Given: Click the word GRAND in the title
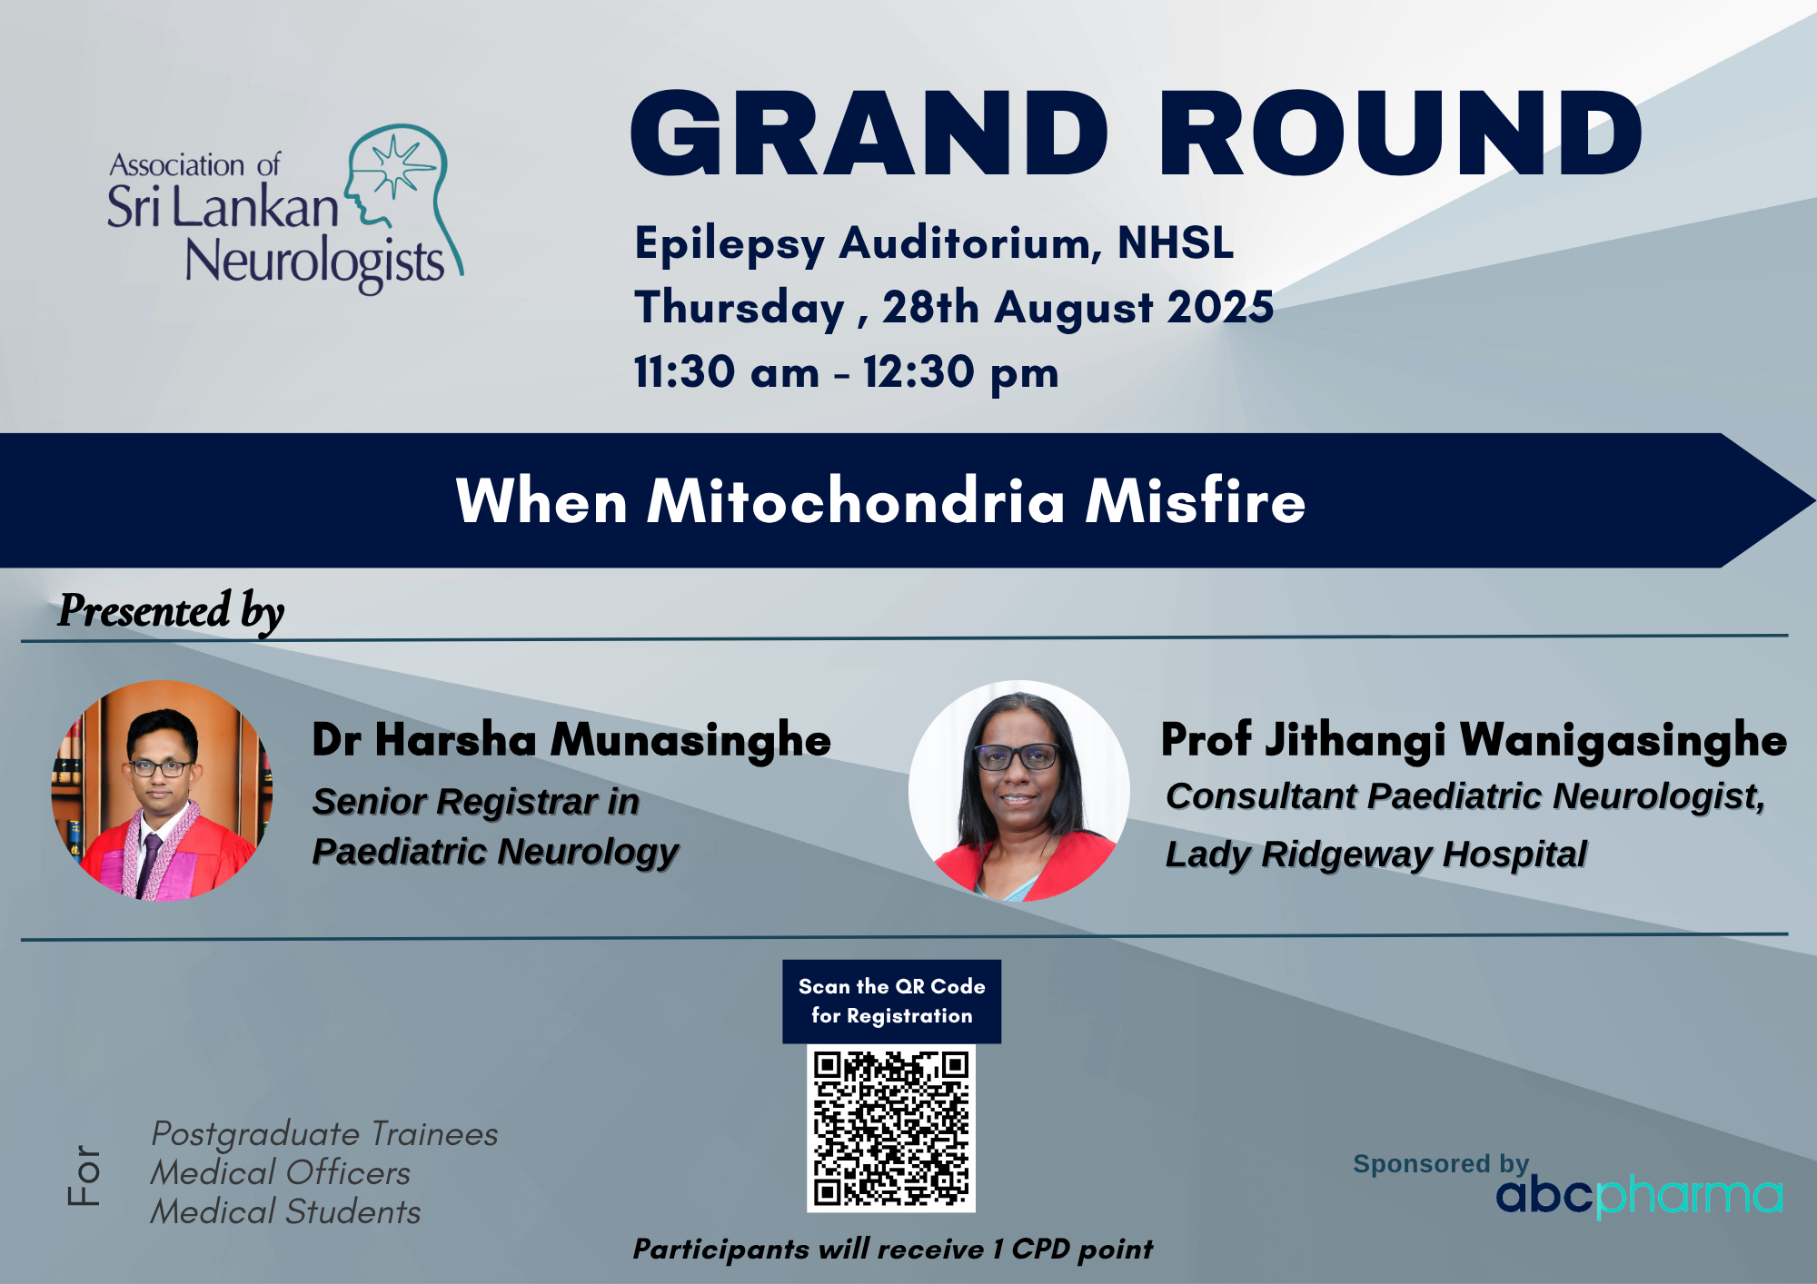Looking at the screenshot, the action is coord(869,133).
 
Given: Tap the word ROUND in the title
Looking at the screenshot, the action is coord(1400,133).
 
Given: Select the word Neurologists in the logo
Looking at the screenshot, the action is coord(314,263).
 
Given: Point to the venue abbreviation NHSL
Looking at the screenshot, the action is coord(1176,242).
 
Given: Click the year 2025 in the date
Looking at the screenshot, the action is coord(1220,307).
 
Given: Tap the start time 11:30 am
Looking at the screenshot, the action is coord(727,372).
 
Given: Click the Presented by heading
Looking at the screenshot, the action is coord(171,611).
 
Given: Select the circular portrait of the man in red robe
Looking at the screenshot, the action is coord(162,791).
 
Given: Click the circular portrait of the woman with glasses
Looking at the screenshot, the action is coord(1019,791).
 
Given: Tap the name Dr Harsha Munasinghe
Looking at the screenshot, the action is coord(571,739).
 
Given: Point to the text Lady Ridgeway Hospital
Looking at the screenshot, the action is coord(1376,854).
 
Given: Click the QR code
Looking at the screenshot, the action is coord(891,1128).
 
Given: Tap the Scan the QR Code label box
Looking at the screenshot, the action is coord(892,1002).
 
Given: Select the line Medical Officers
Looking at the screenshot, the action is coord(281,1173).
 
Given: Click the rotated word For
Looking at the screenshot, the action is coord(84,1174).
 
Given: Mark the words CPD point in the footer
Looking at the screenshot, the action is coord(1082,1249).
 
